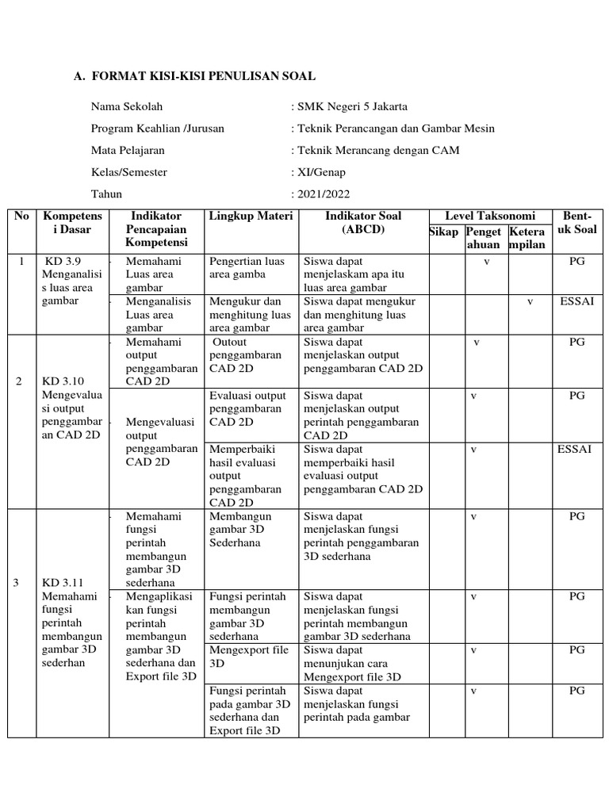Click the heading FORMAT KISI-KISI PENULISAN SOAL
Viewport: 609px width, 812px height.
(x=204, y=77)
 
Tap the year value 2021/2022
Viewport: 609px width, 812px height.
(x=323, y=193)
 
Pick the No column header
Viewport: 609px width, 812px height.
(x=22, y=216)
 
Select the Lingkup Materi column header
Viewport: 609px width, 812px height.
(x=251, y=216)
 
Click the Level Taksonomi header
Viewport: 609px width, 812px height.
(x=490, y=216)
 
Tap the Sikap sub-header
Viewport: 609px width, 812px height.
(x=444, y=232)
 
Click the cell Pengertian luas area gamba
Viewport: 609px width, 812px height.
(x=247, y=267)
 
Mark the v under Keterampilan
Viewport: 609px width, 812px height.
(x=530, y=301)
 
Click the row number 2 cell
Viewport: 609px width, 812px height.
(x=19, y=381)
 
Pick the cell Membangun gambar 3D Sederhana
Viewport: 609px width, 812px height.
(x=240, y=530)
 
